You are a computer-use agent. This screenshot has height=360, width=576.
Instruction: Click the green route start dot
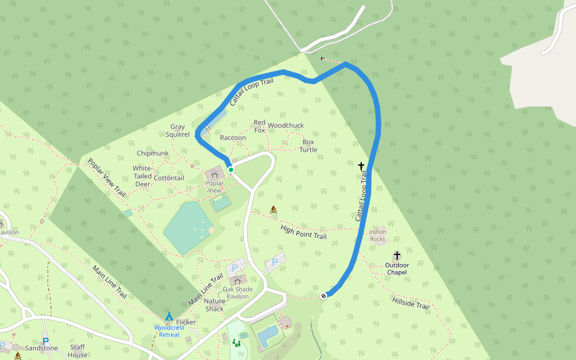pos(230,170)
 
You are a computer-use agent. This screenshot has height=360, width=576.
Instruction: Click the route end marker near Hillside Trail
pos(324,295)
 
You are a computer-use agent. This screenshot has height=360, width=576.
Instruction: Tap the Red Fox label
pos(259,126)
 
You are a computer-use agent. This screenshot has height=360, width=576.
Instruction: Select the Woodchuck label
pos(286,125)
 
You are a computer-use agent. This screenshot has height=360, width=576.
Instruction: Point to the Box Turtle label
pos(308,146)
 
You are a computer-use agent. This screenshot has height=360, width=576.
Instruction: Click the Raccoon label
pos(233,137)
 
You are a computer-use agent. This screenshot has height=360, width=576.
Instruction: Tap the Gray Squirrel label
pos(178,130)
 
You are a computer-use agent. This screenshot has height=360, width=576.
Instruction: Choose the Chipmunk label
pos(152,153)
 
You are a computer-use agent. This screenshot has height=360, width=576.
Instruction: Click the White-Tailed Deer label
pos(142,176)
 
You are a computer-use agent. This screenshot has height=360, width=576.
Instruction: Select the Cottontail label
pos(169,178)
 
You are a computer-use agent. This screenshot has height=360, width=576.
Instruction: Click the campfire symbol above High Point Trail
pos(274,209)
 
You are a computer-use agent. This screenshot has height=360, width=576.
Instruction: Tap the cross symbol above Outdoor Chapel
pos(397,256)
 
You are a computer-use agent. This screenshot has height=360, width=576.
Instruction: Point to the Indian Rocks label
pos(377,235)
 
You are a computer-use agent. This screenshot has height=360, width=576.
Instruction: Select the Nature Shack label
pos(214,305)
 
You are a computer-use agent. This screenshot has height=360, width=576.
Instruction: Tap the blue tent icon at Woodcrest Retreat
pos(169,316)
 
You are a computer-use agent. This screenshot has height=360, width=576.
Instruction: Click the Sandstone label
pos(41,348)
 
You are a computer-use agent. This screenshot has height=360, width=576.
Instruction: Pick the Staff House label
pos(77,350)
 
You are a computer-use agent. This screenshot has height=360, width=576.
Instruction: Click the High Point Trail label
pos(304,232)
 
